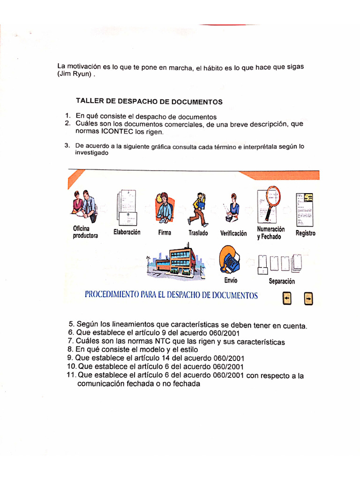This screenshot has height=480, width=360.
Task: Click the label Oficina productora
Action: pyautogui.click(x=85, y=232)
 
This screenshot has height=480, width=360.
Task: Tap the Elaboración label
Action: pyautogui.click(x=127, y=232)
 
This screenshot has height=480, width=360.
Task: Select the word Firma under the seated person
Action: pyautogui.click(x=165, y=232)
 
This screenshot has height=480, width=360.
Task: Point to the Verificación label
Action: pyautogui.click(x=233, y=233)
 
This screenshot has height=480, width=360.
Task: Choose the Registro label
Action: pyautogui.click(x=306, y=233)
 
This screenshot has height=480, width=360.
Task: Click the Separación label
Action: pyautogui.click(x=282, y=281)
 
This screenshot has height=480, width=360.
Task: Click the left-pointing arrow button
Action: pyautogui.click(x=287, y=298)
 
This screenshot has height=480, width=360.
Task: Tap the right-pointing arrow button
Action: pyautogui.click(x=308, y=298)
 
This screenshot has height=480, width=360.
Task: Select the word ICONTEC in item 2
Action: pyautogui.click(x=118, y=132)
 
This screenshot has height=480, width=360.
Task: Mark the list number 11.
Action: pyautogui.click(x=71, y=375)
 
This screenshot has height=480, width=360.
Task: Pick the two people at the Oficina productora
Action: pyautogui.click(x=84, y=205)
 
